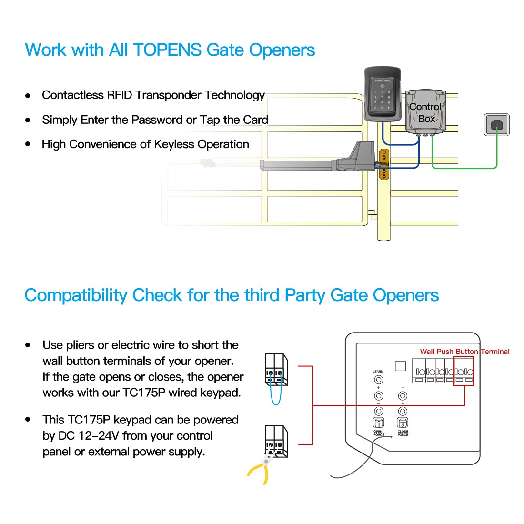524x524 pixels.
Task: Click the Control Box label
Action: [x=425, y=112]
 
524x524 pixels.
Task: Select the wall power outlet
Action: [x=496, y=125]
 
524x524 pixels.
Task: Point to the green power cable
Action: [x=464, y=168]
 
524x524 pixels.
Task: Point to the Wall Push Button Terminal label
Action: [x=464, y=352]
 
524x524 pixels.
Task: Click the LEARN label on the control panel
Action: [x=378, y=372]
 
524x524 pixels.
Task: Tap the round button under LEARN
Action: [x=379, y=380]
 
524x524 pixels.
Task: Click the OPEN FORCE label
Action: [x=378, y=433]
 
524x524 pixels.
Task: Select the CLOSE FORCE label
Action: [x=403, y=433]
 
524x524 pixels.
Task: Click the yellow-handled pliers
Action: [x=260, y=470]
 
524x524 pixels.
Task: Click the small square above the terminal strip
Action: [x=401, y=366]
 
